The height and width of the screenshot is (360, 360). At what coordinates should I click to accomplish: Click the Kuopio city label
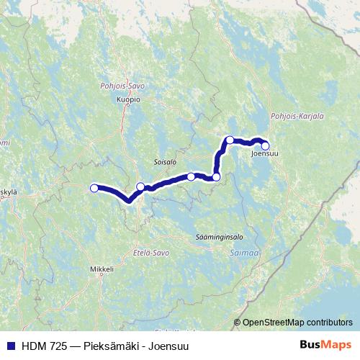click(127, 100)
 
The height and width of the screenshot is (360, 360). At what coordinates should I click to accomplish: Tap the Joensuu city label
click(265, 153)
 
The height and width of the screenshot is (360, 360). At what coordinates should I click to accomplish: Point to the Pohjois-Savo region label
click(123, 86)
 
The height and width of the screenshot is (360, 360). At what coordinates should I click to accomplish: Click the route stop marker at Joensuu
click(265, 145)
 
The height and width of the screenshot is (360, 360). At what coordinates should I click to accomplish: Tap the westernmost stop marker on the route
click(94, 189)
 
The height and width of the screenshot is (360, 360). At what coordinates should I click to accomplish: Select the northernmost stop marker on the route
click(229, 140)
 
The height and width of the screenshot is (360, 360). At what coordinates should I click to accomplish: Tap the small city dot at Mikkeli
click(102, 263)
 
